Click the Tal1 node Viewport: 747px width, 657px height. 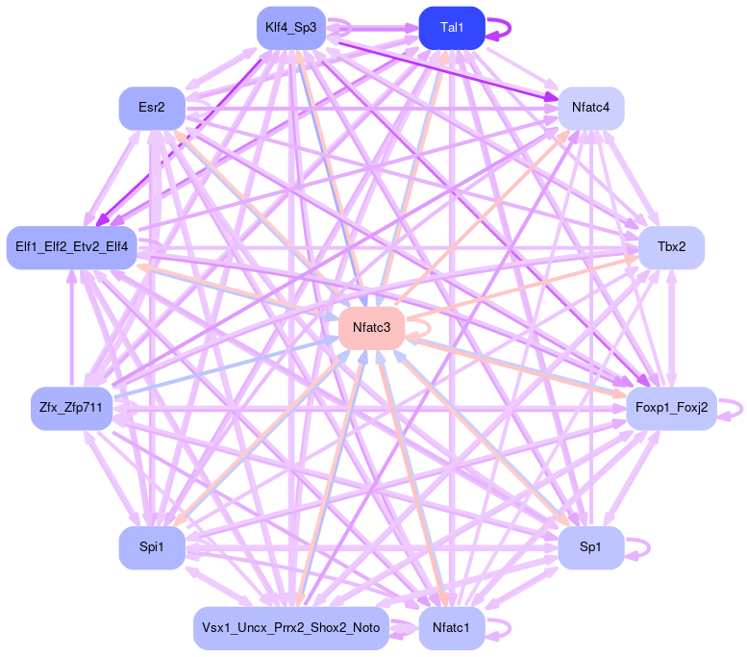point(451,28)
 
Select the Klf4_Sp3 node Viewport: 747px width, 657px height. point(292,28)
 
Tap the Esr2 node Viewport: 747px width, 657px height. point(151,108)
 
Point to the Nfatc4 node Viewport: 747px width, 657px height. point(591,108)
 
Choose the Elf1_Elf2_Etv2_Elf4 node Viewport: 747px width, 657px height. point(72,248)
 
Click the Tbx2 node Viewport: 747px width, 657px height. point(671,247)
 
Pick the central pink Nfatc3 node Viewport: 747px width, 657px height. point(371,328)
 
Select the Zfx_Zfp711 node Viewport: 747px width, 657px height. point(72,409)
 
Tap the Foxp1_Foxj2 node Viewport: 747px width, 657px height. point(671,408)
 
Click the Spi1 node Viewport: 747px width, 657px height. point(151,547)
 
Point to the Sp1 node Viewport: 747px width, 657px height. point(591,547)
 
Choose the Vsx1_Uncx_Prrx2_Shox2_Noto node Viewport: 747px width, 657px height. point(291,628)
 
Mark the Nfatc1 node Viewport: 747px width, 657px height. point(451,628)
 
